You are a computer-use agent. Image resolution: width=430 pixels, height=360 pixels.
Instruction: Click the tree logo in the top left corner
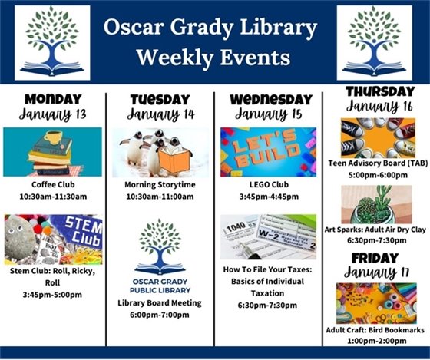click(52, 42)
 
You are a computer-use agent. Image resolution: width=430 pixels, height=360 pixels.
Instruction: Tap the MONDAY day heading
click(51, 99)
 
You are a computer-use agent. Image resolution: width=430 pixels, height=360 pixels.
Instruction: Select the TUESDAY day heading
click(160, 99)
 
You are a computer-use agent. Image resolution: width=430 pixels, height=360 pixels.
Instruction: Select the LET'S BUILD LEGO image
click(268, 151)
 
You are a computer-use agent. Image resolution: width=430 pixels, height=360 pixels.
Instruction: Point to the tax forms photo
click(268, 236)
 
